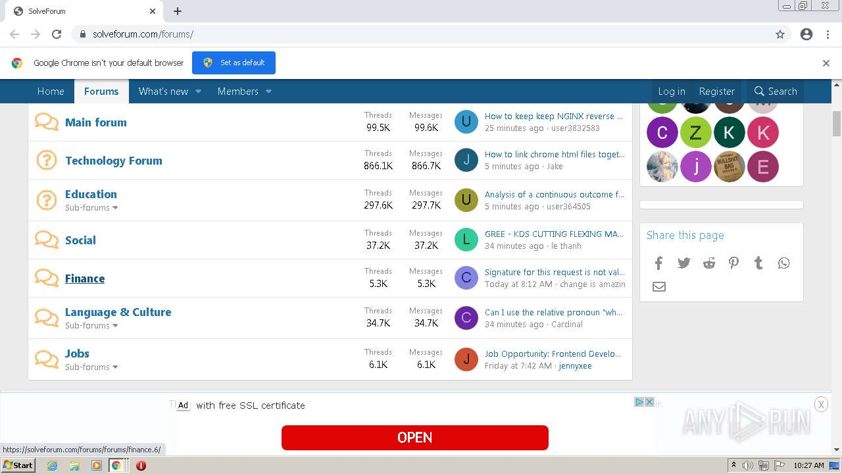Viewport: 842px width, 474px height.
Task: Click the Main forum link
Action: click(x=95, y=122)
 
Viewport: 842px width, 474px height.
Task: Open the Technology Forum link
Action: click(x=113, y=161)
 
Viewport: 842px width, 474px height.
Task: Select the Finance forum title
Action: click(x=85, y=278)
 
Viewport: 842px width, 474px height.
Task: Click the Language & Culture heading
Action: click(x=118, y=312)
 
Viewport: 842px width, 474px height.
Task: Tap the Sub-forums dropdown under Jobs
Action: click(x=91, y=367)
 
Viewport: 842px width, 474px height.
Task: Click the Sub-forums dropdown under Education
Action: click(x=91, y=207)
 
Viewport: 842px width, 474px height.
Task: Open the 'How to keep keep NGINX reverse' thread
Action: click(x=553, y=116)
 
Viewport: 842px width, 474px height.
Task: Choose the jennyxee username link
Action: click(x=575, y=365)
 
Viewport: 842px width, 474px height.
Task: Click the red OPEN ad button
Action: click(x=414, y=438)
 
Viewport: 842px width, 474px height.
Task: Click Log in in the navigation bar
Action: click(x=671, y=92)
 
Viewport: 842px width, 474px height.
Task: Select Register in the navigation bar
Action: click(x=716, y=92)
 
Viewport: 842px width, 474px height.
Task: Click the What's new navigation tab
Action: click(x=163, y=92)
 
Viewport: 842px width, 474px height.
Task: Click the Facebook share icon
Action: click(x=658, y=263)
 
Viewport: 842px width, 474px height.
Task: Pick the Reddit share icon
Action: click(x=708, y=263)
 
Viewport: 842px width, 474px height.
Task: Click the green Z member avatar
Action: click(x=695, y=133)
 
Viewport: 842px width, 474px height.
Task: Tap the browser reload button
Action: click(x=57, y=34)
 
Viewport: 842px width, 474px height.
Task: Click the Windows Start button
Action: click(x=18, y=465)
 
